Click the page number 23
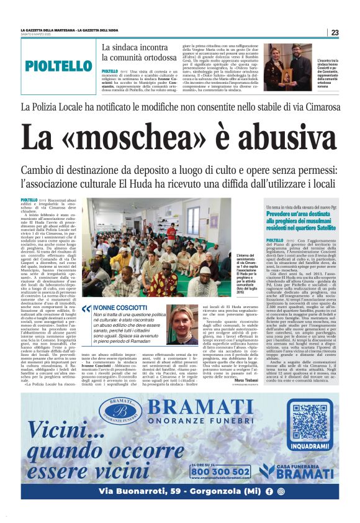click(x=335, y=32)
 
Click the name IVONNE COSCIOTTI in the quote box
click(x=120, y=307)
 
